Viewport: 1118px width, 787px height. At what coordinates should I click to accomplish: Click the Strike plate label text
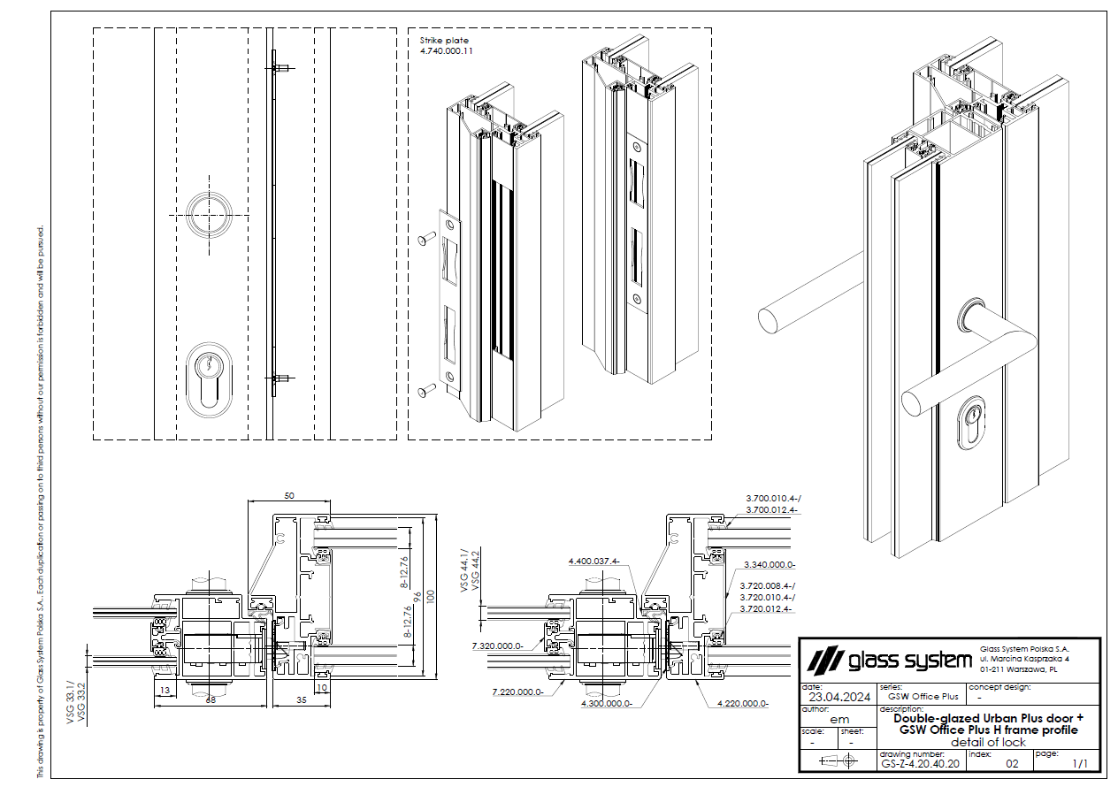444,41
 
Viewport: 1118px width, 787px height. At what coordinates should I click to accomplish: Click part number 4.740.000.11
447,52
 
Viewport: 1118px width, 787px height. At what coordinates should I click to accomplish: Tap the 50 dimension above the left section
289,495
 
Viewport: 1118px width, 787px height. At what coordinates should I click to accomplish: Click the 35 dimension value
300,699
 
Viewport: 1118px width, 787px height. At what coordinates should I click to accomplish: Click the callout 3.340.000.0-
770,564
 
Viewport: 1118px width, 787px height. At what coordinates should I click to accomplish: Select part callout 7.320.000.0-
498,646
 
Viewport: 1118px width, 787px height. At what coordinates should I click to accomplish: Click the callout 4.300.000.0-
606,704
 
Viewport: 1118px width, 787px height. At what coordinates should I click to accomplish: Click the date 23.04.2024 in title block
834,696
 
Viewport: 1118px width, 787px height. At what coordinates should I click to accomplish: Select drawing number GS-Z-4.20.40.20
920,762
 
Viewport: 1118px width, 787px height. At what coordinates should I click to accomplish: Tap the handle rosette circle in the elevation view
211,215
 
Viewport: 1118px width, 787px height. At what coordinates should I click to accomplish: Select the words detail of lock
988,742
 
